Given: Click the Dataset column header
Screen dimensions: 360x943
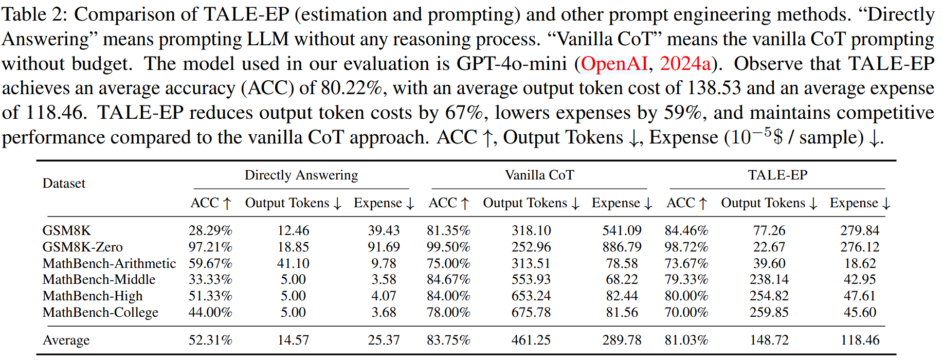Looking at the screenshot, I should [64, 184].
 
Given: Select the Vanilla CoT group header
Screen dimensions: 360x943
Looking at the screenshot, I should [539, 175].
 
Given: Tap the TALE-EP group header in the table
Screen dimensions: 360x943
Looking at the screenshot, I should [777, 175].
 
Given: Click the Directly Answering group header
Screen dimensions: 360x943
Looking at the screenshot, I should [301, 175].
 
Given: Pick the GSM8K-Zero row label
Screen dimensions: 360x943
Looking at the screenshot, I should [82, 247].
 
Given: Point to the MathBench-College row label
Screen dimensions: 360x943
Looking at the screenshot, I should [100, 312].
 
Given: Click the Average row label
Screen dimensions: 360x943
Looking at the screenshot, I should [66, 340].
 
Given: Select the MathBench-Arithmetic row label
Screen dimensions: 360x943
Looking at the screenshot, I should [109, 263].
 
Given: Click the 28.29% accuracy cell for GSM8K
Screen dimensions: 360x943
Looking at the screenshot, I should [210, 230].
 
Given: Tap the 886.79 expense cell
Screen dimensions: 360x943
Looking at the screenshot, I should [622, 247].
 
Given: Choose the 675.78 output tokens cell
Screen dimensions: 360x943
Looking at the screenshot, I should [531, 312].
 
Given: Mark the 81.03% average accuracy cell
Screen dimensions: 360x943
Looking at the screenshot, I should [686, 340].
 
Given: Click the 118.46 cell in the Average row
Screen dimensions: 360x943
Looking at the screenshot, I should [860, 340].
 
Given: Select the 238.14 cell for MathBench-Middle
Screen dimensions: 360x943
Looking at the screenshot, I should [769, 279].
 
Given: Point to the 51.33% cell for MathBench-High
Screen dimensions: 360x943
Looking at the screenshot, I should [210, 296].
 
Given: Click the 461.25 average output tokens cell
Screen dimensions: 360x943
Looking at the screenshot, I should [531, 340].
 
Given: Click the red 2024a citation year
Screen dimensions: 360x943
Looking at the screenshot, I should [685, 64].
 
